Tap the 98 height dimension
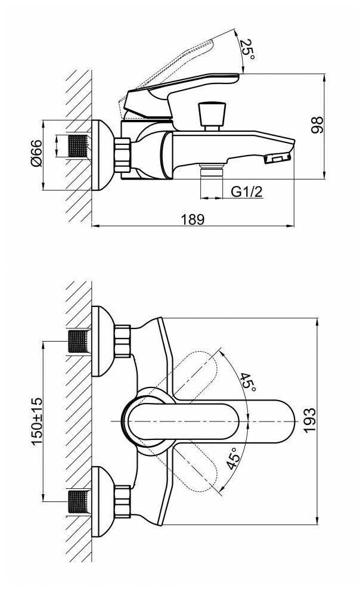coord(317,125)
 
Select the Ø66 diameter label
coord(36,153)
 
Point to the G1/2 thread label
coord(247,191)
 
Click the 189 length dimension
coord(193,219)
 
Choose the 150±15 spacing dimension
coord(37,421)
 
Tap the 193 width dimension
coord(310,420)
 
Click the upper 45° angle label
coord(248,382)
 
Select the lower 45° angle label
coord(233,458)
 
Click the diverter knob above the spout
coord(212,116)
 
